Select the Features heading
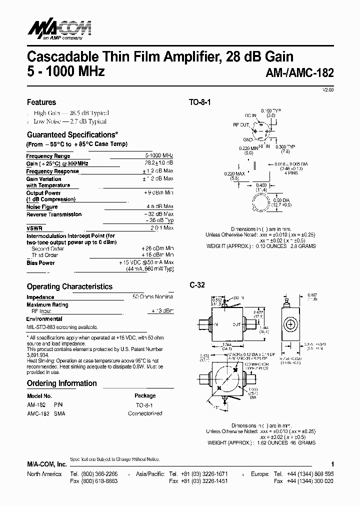pos(41,102)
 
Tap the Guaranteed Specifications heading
pos(72,134)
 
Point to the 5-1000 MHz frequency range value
pos(159,156)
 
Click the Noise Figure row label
pos(42,206)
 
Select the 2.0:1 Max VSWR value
pos(161,228)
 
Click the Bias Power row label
pos(40,262)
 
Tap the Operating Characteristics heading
pos(69,286)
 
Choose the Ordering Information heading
pos(61,383)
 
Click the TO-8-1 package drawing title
pos(200,102)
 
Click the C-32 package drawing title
pos(197,285)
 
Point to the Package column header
pos(145,395)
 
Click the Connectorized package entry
pos(145,413)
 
